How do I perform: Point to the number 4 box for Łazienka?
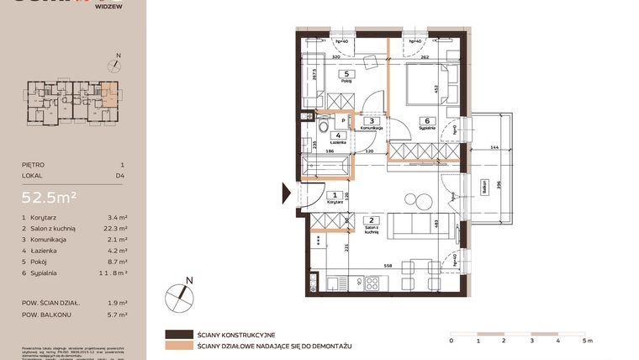(338, 135)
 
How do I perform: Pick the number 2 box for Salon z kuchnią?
(371, 220)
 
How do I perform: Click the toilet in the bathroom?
(322, 128)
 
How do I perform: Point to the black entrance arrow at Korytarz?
(290, 194)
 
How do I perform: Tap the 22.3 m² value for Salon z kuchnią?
(117, 229)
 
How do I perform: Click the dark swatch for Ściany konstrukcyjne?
(178, 333)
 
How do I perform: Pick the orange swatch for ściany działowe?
(178, 345)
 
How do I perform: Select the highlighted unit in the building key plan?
(110, 93)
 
